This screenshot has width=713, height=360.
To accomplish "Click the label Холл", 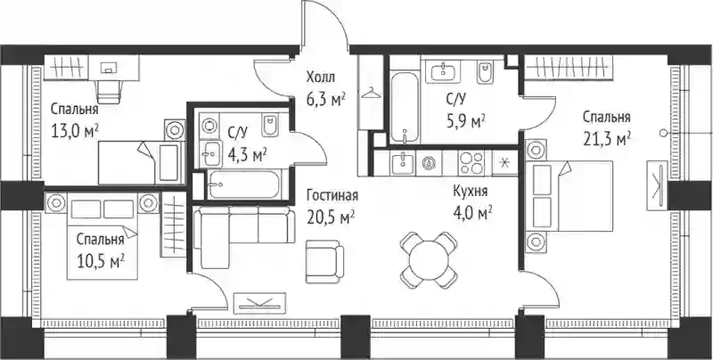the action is [321, 78].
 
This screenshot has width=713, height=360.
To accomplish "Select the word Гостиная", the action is [332, 196].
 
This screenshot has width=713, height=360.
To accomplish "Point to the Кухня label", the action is [471, 192].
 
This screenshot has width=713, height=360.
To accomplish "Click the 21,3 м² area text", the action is [607, 138].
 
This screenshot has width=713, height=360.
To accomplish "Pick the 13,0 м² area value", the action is [75, 131].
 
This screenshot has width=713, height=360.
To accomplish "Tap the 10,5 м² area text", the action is [101, 262].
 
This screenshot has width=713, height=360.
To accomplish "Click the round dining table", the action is [429, 260].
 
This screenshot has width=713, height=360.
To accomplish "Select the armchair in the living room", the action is [324, 261].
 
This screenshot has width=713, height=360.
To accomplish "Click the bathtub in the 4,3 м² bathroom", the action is [244, 184].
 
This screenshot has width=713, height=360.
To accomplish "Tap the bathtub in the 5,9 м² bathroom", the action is [405, 107].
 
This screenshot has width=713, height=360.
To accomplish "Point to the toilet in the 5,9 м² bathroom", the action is [485, 73].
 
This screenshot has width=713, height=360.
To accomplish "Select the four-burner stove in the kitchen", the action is [471, 163].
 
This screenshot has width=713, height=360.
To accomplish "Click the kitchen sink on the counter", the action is [404, 163].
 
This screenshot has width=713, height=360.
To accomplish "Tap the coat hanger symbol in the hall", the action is [372, 94].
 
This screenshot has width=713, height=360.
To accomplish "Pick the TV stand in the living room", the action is [259, 303].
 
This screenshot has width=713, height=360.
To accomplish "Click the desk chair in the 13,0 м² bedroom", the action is [110, 92].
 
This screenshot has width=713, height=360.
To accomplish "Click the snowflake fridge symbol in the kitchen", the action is [504, 163].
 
